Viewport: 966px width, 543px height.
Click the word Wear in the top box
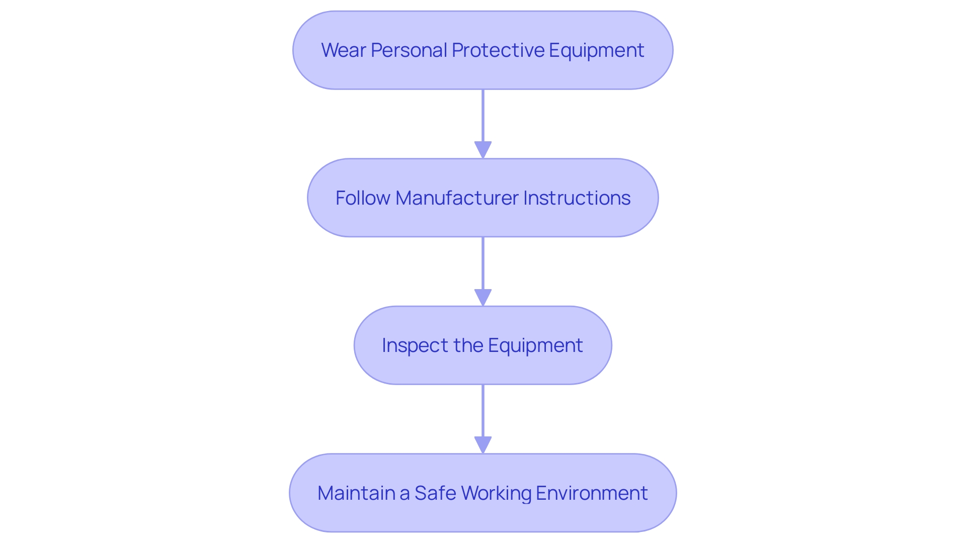343,50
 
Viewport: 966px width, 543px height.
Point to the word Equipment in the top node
596,50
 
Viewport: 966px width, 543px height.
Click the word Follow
362,198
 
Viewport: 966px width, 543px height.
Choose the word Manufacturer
456,198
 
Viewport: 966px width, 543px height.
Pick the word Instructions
577,198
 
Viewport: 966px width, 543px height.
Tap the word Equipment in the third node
535,346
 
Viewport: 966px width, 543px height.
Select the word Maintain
356,493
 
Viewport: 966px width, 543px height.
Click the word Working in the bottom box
496,493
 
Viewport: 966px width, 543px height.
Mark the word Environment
592,493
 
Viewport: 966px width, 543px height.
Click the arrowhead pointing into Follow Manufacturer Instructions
483,150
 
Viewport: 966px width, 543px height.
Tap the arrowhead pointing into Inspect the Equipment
483,298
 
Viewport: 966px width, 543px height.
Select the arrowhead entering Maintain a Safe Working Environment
483,445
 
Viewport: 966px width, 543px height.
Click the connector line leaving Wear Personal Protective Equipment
483,116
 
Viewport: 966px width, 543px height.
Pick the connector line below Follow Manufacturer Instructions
483,263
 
